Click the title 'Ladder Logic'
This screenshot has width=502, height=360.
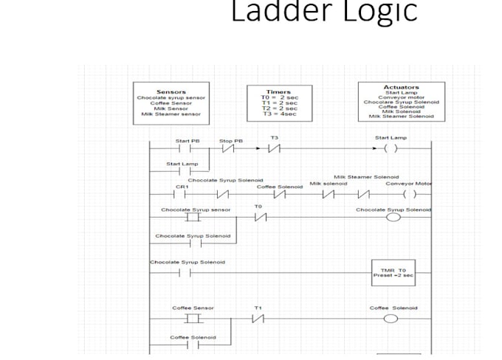point(324,11)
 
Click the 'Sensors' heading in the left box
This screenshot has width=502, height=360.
point(171,92)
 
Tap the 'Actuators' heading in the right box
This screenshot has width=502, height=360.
point(401,87)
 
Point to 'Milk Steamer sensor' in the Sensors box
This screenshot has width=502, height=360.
point(171,114)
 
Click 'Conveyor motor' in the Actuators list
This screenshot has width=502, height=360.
point(401,97)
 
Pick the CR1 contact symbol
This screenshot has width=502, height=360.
point(180,195)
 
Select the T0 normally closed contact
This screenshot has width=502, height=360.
point(258,218)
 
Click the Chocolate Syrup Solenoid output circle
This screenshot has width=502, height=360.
point(393,218)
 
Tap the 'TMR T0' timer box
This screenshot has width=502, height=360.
point(393,272)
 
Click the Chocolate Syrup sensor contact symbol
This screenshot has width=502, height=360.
point(193,218)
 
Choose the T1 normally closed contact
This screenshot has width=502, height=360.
point(258,319)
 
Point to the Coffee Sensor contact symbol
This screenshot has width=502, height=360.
point(193,319)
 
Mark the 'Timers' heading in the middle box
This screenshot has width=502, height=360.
point(278,92)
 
